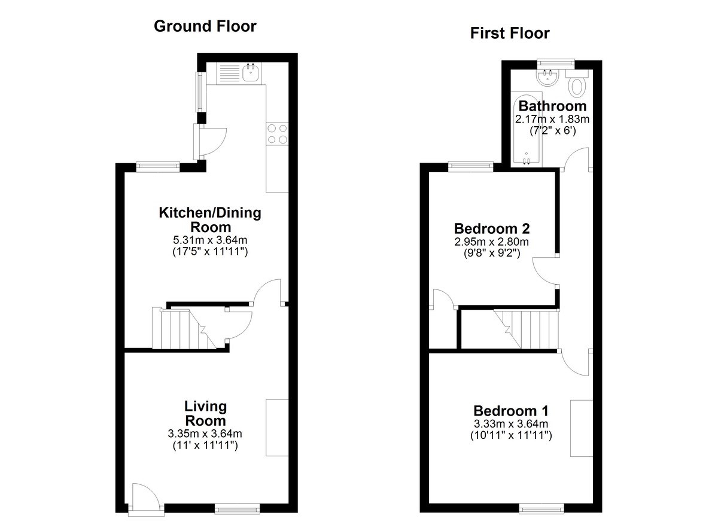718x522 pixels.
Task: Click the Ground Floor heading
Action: pyautogui.click(x=205, y=26)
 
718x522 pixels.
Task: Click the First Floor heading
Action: pyautogui.click(x=510, y=33)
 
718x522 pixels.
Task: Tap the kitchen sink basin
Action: pyautogui.click(x=252, y=72)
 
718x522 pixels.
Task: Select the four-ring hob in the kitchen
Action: pyautogui.click(x=277, y=134)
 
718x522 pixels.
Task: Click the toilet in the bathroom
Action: pyautogui.click(x=577, y=84)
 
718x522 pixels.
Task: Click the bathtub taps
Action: pyautogui.click(x=527, y=160)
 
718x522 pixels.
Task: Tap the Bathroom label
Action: pyautogui.click(x=553, y=106)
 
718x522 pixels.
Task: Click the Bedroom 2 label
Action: pyautogui.click(x=492, y=228)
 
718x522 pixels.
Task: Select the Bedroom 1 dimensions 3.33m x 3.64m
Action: pyautogui.click(x=511, y=424)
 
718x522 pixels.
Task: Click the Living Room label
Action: pyautogui.click(x=205, y=413)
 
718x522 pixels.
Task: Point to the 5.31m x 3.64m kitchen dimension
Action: pyautogui.click(x=210, y=240)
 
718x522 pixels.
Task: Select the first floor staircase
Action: pyautogui.click(x=526, y=329)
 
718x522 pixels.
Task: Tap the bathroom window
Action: pyautogui.click(x=556, y=63)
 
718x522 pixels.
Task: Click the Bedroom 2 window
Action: pyautogui.click(x=470, y=165)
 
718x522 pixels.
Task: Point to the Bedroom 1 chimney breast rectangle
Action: pyautogui.click(x=582, y=428)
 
